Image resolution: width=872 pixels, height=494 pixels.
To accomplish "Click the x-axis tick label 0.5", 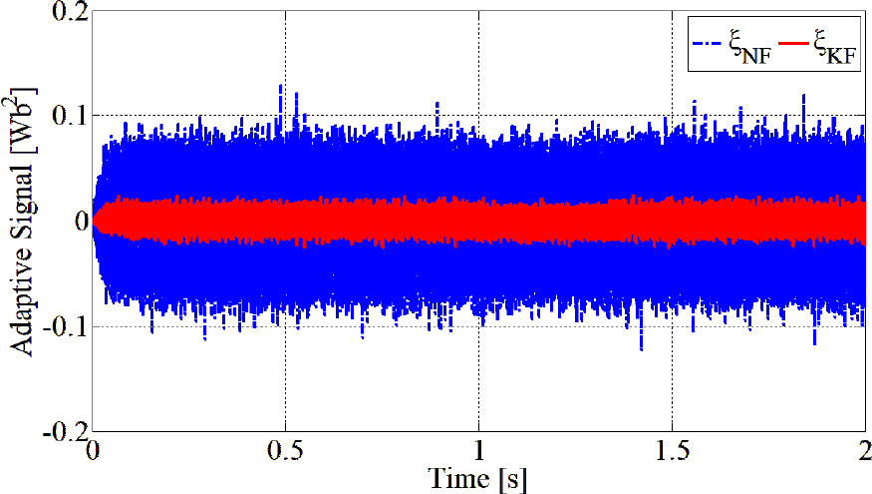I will (285, 450).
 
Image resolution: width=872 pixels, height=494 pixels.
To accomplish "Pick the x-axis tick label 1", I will (479, 450).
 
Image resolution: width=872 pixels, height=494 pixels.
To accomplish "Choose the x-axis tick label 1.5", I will (673, 450).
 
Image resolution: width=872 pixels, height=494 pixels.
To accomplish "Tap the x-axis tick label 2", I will (864, 450).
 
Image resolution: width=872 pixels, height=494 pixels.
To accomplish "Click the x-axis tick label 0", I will (92, 450).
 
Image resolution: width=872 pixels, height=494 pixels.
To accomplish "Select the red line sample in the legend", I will (796, 44).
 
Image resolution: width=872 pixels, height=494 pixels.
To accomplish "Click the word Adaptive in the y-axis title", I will (22, 300).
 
